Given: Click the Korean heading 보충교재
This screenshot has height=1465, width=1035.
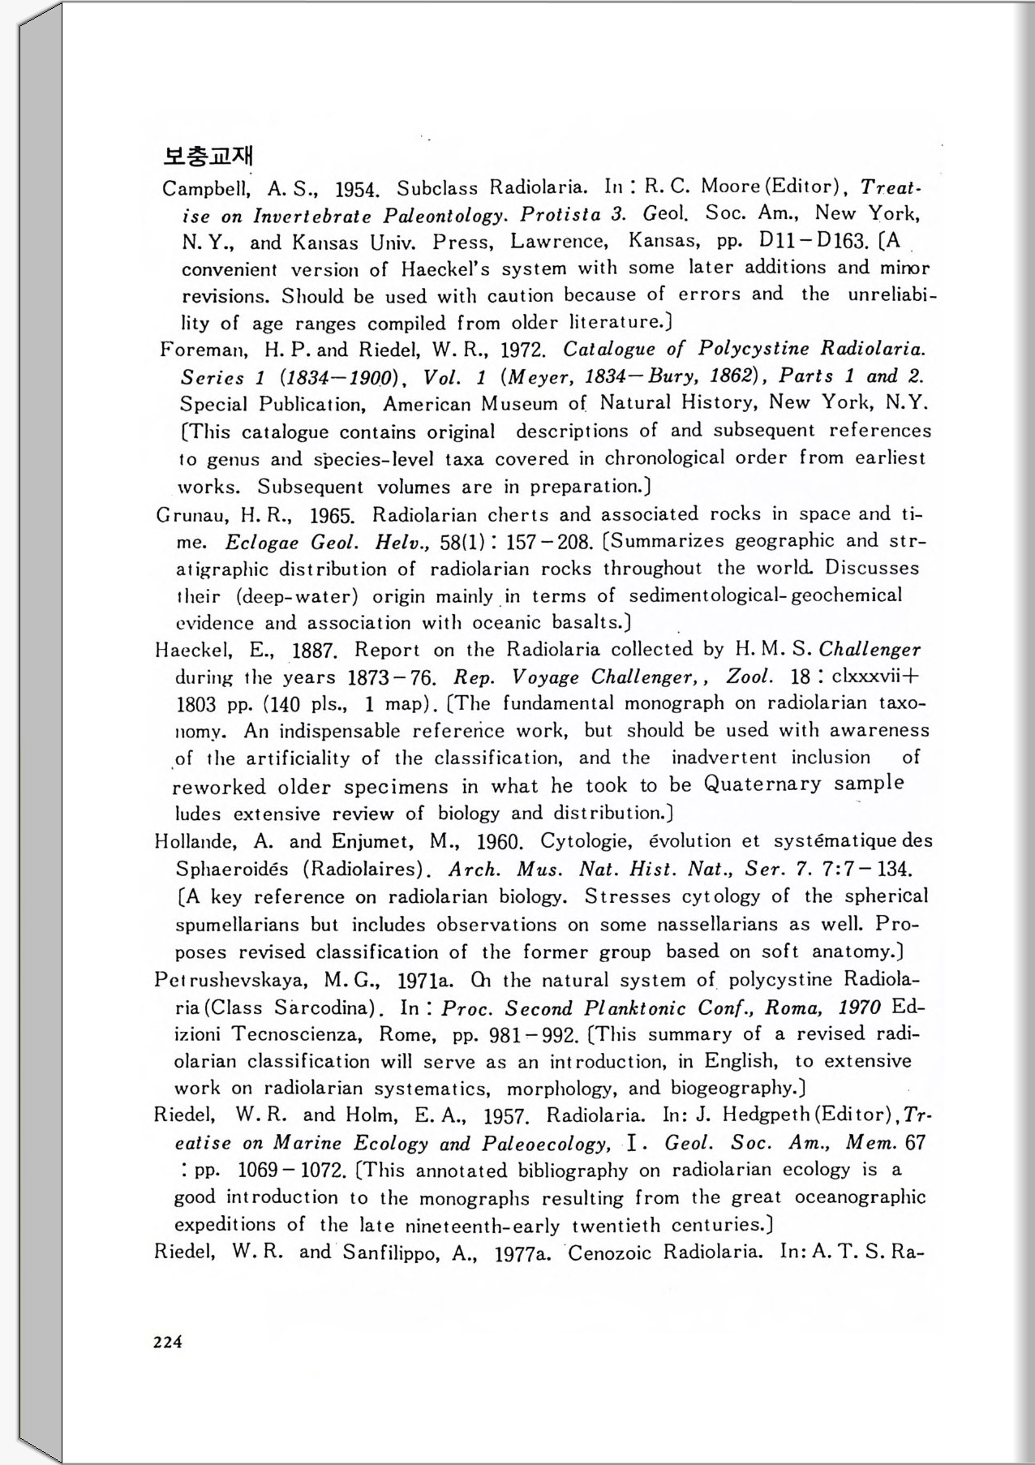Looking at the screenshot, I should (208, 155).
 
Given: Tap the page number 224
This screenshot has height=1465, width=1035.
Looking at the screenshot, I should (168, 1342).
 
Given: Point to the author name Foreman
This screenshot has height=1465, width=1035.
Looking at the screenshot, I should (201, 350).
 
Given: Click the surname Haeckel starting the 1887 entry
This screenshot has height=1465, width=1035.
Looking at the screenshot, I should (192, 651).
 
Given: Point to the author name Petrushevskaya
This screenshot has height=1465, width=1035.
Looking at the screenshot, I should (230, 981).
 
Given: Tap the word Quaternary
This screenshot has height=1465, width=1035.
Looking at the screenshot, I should (762, 784).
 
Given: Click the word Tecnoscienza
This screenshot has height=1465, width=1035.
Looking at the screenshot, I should (296, 1035).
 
